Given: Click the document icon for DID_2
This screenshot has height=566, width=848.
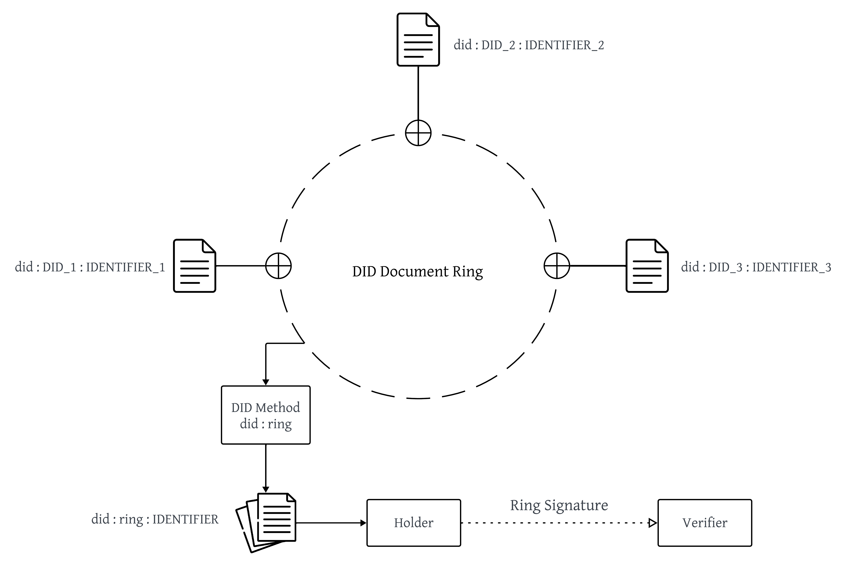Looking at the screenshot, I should click(x=418, y=40).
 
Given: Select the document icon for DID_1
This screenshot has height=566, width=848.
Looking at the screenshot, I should click(x=195, y=266).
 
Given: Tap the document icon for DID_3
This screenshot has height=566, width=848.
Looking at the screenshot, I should click(x=647, y=266).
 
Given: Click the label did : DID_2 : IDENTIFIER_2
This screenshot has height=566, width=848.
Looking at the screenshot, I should click(x=529, y=45).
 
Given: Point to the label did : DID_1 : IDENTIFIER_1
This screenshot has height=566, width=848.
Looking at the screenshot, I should click(x=90, y=267).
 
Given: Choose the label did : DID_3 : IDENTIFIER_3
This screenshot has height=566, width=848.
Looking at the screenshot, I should click(x=756, y=267).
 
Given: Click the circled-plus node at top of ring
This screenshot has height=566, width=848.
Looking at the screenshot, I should click(x=418, y=133).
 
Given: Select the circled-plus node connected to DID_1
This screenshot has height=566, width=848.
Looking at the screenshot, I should click(x=278, y=266).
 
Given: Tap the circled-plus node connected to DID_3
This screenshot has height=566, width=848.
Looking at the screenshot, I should click(x=557, y=266).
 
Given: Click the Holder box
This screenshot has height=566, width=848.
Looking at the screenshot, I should click(x=414, y=523).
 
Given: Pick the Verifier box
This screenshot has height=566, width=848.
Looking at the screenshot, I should click(x=705, y=523).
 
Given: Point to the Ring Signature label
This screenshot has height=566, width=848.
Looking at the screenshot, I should click(x=559, y=505).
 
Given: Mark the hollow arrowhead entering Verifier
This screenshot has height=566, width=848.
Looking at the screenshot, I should click(x=652, y=523).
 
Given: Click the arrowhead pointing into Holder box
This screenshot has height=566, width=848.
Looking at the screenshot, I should click(x=363, y=523).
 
